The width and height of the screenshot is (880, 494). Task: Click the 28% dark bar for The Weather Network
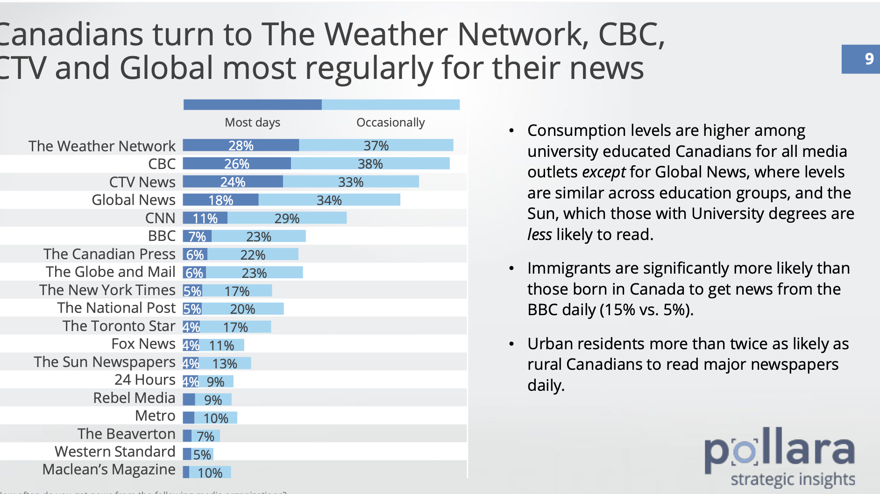pyautogui.click(x=241, y=145)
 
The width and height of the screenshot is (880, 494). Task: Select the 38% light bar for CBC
pyautogui.click(x=370, y=163)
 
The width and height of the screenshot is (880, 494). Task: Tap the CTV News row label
pyautogui.click(x=142, y=182)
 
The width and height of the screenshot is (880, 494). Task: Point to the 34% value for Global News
pyautogui.click(x=329, y=200)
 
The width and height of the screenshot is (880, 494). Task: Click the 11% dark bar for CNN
pyautogui.click(x=205, y=218)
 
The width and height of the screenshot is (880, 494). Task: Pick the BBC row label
pyautogui.click(x=162, y=236)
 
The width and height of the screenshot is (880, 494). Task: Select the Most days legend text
pyautogui.click(x=252, y=122)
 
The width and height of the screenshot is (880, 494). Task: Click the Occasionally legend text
pyautogui.click(x=390, y=122)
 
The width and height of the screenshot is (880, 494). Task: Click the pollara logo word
pyautogui.click(x=779, y=450)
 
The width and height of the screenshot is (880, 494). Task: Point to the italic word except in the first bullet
pyautogui.click(x=603, y=172)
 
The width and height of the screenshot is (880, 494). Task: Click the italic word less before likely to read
pyautogui.click(x=539, y=234)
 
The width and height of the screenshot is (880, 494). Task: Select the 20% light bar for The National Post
pyautogui.click(x=242, y=309)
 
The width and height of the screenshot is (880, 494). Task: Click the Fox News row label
pyautogui.click(x=143, y=344)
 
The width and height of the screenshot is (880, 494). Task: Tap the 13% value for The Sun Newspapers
pyautogui.click(x=225, y=363)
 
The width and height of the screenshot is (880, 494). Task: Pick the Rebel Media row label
pyautogui.click(x=134, y=398)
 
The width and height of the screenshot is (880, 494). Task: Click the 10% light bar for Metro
pyautogui.click(x=216, y=418)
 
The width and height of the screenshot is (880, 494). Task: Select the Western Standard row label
pyautogui.click(x=115, y=452)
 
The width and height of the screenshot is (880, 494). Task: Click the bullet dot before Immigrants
pyautogui.click(x=511, y=268)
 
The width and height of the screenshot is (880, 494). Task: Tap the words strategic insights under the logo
pyautogui.click(x=792, y=480)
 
